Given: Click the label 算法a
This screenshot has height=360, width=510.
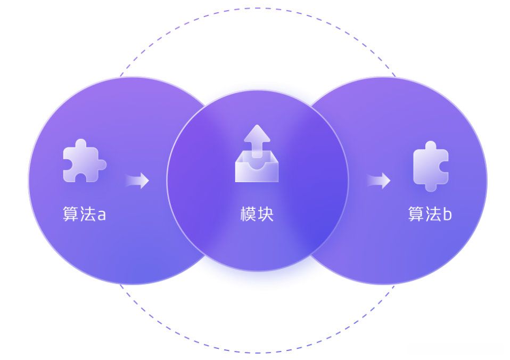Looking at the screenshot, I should point(84,214).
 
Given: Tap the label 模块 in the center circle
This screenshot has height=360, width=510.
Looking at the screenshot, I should point(257,214).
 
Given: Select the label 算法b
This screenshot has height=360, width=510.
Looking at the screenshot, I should point(430,214).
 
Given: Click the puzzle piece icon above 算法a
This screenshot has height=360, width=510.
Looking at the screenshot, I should point(84,161).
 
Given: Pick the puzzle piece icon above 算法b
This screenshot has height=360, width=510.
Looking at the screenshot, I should point(431,166).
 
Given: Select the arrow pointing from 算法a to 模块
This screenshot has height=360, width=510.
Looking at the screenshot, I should point(137,181).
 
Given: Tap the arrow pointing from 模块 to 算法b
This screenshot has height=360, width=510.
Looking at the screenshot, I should point(379,181).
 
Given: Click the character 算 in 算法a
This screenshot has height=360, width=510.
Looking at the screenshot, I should point(71,214).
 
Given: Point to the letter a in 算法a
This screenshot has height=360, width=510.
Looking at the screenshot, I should point(101,215).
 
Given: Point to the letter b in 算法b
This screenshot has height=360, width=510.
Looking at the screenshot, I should point(447,214).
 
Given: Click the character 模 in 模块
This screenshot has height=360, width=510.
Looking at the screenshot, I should point(249,214).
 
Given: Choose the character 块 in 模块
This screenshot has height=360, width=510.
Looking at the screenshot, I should point(266,214).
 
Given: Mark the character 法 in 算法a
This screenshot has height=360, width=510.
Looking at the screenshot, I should point(87,214).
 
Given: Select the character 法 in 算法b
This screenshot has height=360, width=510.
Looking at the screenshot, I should point(433,214).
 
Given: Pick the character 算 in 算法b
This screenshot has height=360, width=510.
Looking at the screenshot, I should point(416,214).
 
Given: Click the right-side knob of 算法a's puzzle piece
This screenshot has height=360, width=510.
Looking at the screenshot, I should point(102,164).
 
